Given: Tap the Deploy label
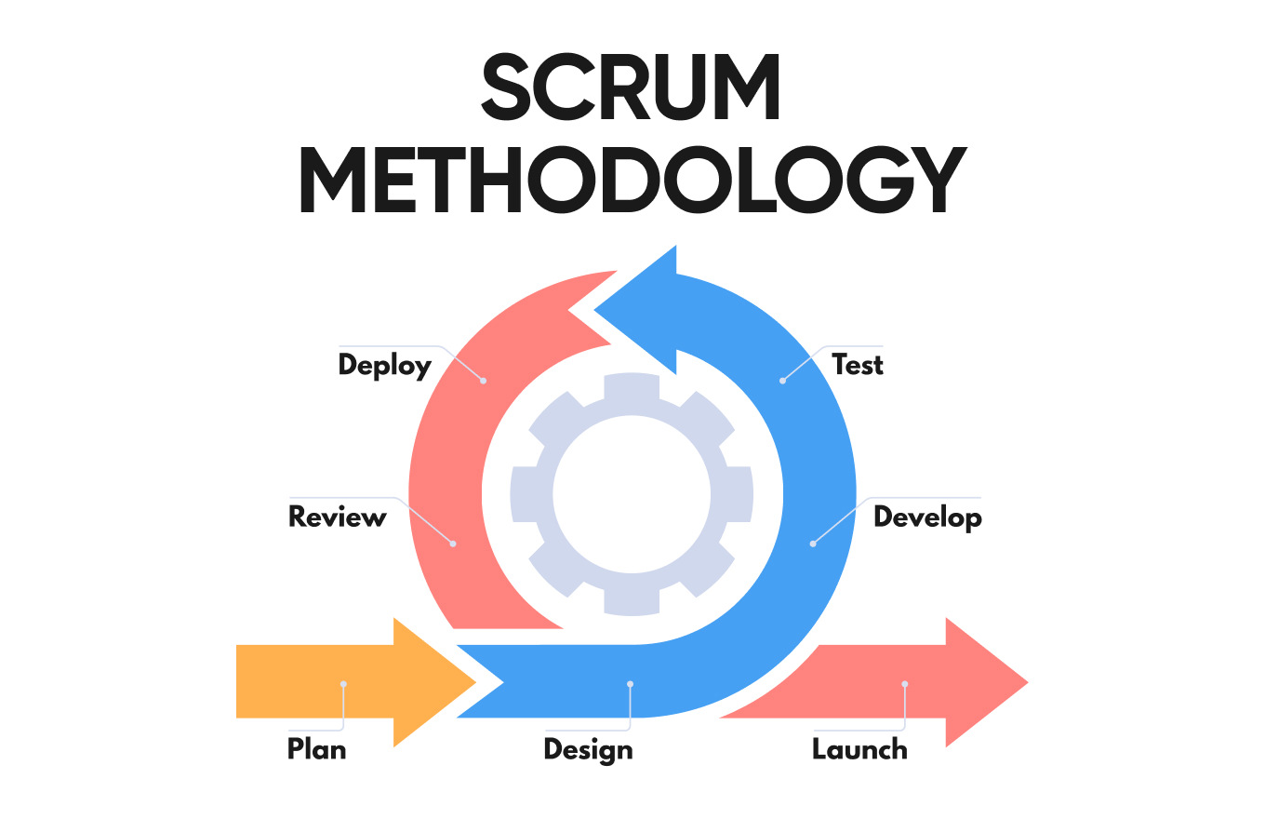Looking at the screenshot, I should (x=385, y=364).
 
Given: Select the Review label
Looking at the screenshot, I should (x=337, y=517).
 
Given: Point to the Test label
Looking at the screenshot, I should (x=857, y=364).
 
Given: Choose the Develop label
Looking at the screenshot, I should (x=927, y=517).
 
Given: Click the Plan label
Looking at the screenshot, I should (x=316, y=748).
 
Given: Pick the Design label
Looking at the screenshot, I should (x=588, y=749).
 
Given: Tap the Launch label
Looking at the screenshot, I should (x=859, y=748).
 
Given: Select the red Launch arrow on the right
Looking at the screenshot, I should (x=930, y=682).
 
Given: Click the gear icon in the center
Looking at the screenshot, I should (x=632, y=494).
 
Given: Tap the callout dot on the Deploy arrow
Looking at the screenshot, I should (x=483, y=381).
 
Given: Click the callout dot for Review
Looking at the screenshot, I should (x=453, y=544).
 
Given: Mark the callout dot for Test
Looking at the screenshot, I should (x=782, y=381).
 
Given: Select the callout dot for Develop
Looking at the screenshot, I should (x=812, y=544).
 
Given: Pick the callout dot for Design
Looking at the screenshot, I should (x=630, y=684).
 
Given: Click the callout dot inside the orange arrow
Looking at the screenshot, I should (x=343, y=684).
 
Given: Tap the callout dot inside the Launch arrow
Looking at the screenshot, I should (x=904, y=684).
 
